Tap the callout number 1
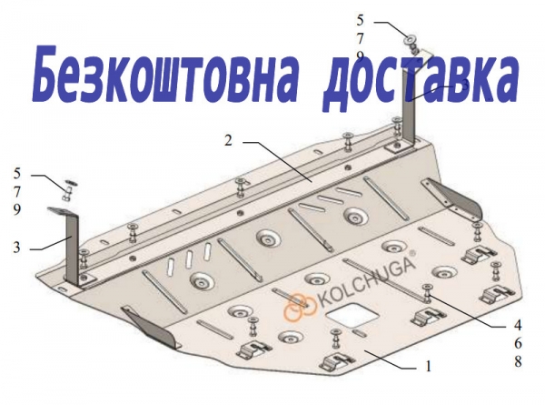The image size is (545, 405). pos(428,367)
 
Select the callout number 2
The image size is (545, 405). pos(228,141)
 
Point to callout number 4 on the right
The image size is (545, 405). pos(518,326)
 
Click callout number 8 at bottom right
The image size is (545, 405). pos(518,362)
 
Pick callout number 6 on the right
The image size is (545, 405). pos(518,344)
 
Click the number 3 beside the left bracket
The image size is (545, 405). pos(16,248)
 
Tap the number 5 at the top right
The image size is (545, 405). pos(360,20)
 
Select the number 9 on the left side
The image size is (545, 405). pos(17,209)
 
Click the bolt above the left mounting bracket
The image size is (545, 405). pos(67,193)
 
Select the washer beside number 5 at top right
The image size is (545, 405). pos(410,39)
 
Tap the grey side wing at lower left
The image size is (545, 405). pos(152,327)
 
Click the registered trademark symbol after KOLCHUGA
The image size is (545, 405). pos(411,253)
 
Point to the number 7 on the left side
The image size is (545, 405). pos(17,192)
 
